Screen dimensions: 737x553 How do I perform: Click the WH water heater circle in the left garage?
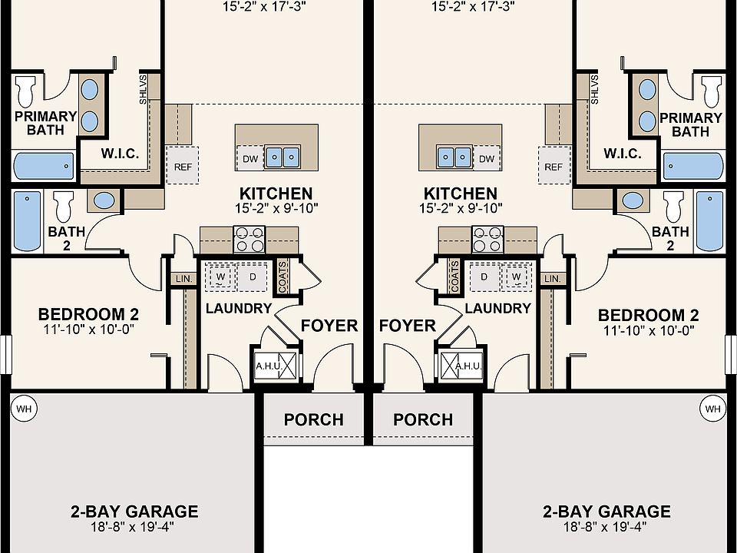(24, 408)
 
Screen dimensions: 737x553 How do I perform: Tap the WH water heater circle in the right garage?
(712, 408)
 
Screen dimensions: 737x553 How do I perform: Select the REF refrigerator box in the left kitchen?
(183, 166)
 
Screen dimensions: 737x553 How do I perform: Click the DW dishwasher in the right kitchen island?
(487, 158)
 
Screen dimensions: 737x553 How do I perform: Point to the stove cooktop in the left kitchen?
(250, 240)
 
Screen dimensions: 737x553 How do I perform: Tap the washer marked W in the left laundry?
(220, 277)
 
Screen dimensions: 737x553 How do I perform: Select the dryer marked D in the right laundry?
(484, 277)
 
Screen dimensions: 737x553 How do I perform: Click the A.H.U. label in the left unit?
(268, 366)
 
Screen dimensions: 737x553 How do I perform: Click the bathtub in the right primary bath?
(693, 166)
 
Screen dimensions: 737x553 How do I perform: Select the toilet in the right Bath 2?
(673, 206)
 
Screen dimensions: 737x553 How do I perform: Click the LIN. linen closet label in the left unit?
(183, 279)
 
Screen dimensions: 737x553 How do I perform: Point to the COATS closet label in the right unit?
(454, 276)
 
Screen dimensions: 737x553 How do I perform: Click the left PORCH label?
(313, 419)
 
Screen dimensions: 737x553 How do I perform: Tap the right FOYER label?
(408, 326)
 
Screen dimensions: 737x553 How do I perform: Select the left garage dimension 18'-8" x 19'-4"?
(133, 526)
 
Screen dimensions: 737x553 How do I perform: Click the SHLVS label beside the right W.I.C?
(594, 89)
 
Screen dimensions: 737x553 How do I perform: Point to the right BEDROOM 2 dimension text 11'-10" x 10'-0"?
(649, 330)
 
